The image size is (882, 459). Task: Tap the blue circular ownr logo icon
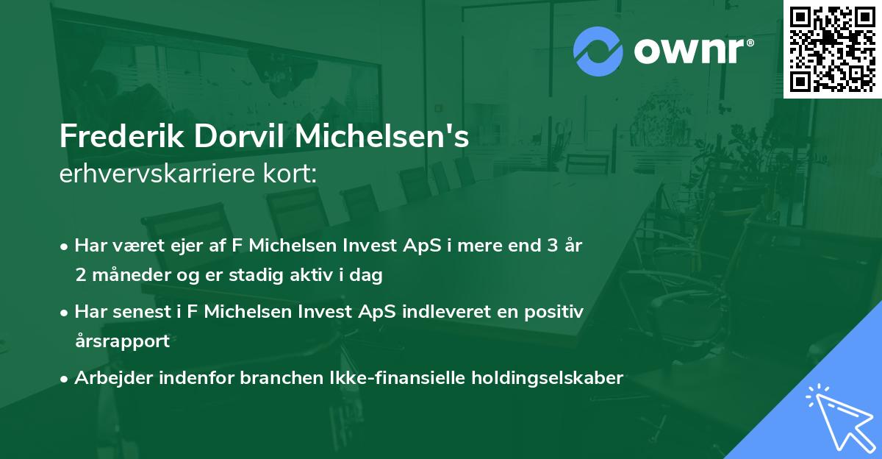pos(598,51)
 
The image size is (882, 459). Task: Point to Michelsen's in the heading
pos(376,138)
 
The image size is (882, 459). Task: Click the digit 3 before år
pos(546,246)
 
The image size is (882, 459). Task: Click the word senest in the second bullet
pos(146,312)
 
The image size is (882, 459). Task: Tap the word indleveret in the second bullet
pos(431,312)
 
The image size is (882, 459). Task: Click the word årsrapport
pos(122,341)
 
